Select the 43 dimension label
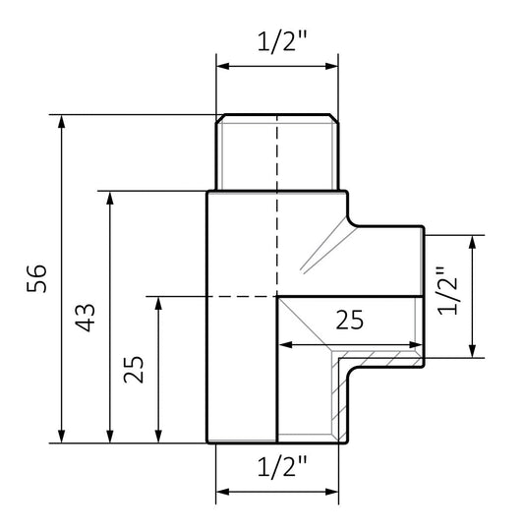coord(86,318)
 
